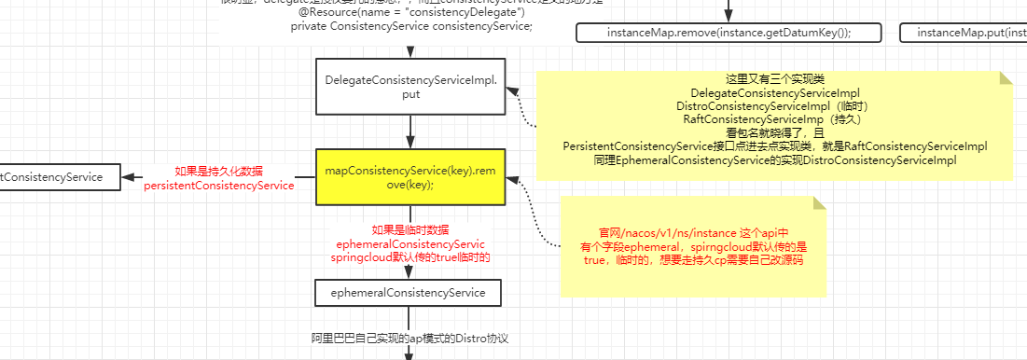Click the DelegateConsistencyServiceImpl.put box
pyautogui.click(x=409, y=88)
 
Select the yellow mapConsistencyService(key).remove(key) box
pyautogui.click(x=409, y=178)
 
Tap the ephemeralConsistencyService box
pyautogui.click(x=409, y=293)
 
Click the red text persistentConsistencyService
pyautogui.click(x=219, y=186)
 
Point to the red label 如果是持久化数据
pyautogui.click(x=219, y=172)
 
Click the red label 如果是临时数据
pyautogui.click(x=409, y=230)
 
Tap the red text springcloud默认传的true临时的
pyautogui.click(x=410, y=256)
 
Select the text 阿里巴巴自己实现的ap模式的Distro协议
pyautogui.click(x=409, y=338)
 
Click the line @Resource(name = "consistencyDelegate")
pyautogui.click(x=384, y=12)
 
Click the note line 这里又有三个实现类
pyautogui.click(x=774, y=80)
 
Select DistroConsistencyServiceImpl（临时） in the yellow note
pyautogui.click(x=774, y=106)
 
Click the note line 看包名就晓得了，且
pyautogui.click(x=774, y=133)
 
